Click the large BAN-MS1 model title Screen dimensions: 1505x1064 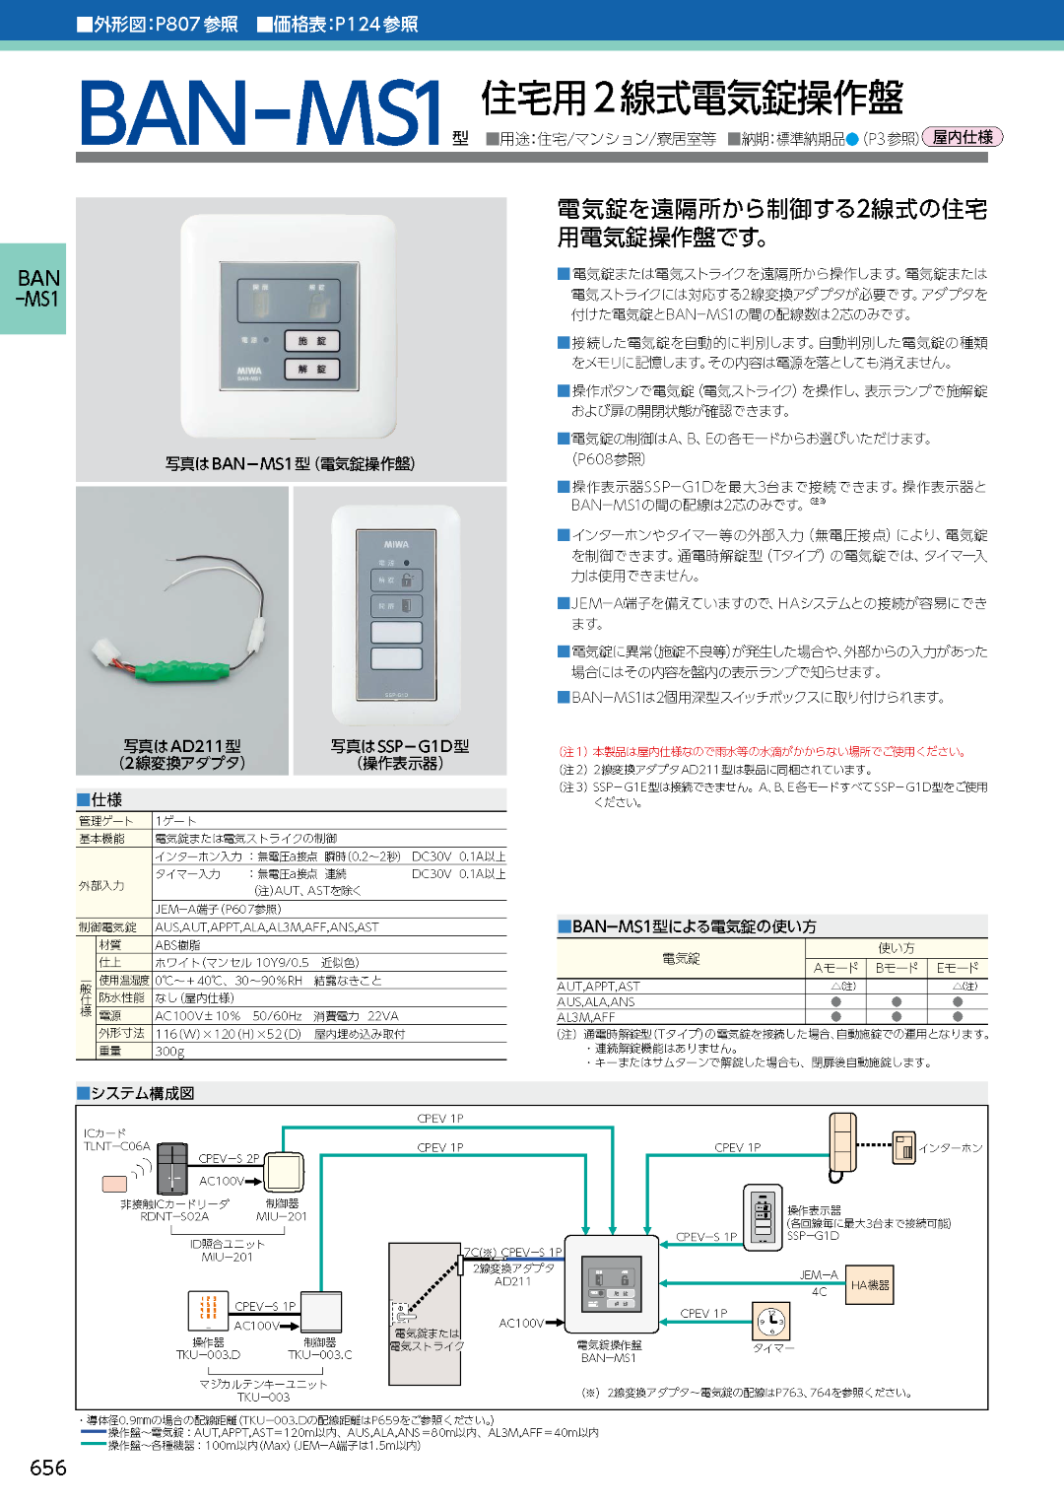tap(261, 113)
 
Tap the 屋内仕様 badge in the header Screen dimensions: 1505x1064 tap(963, 138)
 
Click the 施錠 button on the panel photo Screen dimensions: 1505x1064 tap(312, 341)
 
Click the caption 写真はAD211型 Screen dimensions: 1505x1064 tap(182, 746)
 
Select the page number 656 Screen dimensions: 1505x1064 tap(48, 1468)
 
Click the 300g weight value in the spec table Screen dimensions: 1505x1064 tap(169, 1052)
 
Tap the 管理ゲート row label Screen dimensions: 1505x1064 tap(106, 821)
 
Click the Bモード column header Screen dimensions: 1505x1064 tap(896, 968)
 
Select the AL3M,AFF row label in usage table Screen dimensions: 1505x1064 tap(586, 1017)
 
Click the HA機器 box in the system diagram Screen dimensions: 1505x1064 tap(870, 1285)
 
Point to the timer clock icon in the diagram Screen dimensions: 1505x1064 tap(771, 1320)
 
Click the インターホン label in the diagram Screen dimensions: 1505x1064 tap(950, 1148)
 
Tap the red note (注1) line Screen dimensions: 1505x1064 tap(762, 752)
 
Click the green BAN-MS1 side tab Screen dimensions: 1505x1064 tap(33, 289)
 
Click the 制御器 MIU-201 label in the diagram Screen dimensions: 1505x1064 tap(282, 1210)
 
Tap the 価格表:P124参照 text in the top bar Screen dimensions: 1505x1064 tap(337, 25)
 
